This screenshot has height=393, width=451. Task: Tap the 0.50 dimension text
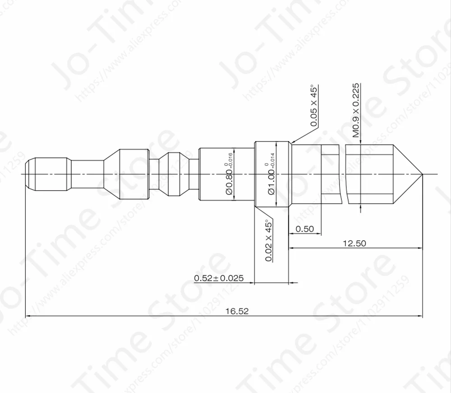tap(304, 229)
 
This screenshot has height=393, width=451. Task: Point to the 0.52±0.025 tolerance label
tap(219, 278)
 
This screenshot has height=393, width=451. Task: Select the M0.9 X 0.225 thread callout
tap(356, 110)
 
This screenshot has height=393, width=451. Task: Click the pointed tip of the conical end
tap(422, 174)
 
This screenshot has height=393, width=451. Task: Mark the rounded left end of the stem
tap(28, 174)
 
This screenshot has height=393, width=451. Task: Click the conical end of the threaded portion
tap(407, 174)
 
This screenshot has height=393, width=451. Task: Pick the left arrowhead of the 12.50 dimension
tap(291, 248)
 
